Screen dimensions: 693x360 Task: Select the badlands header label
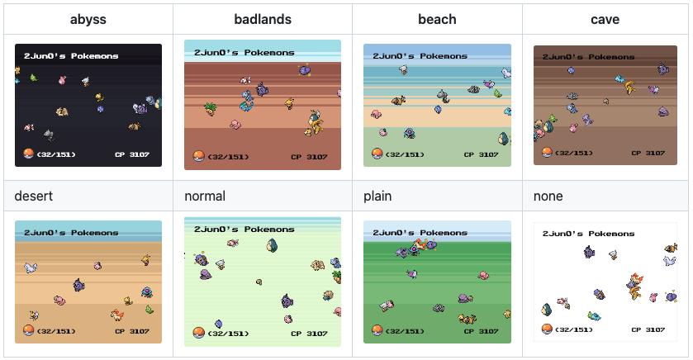[262, 19]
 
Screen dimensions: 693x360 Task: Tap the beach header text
[437, 19]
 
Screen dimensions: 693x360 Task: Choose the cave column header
[605, 19]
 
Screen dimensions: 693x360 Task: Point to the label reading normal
[205, 197]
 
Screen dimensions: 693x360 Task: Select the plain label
[377, 197]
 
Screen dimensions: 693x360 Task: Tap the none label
[548, 197]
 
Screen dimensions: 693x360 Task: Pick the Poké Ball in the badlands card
[198, 156]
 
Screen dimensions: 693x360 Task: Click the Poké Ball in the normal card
[198, 334]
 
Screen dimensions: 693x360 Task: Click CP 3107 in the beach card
[481, 154]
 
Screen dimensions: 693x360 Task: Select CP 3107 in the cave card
[648, 153]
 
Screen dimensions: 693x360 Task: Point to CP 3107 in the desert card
[132, 331]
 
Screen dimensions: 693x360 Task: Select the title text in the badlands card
[244, 53]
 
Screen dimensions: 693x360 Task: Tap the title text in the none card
[589, 234]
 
